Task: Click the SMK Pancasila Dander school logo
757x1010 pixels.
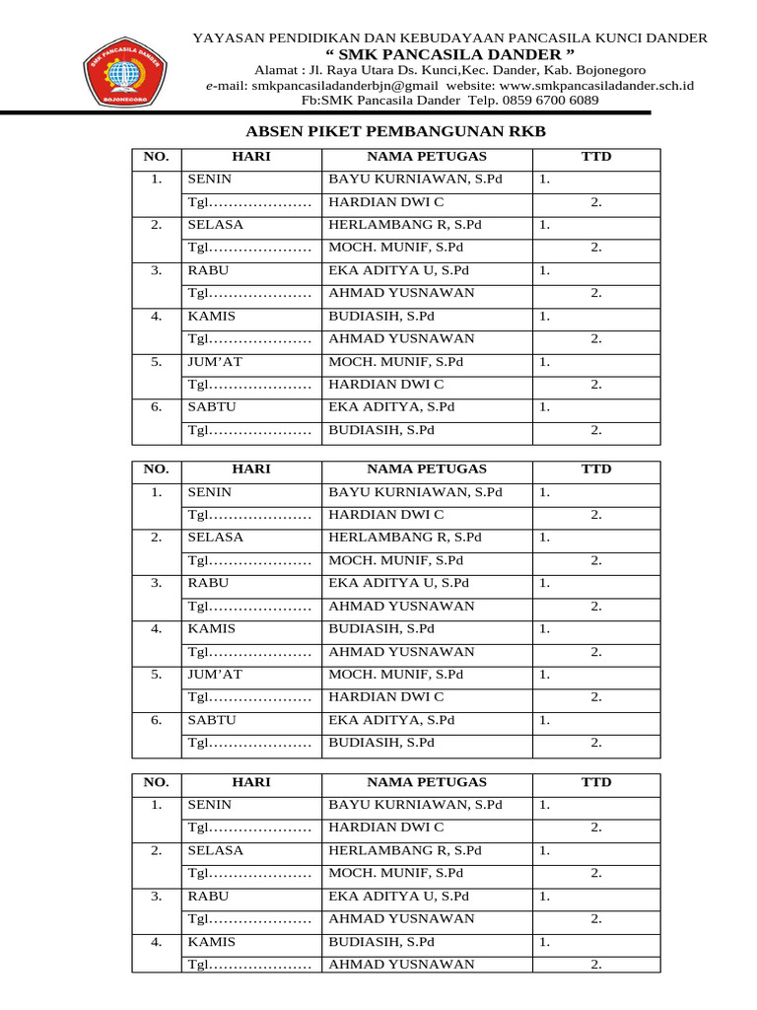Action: (x=124, y=72)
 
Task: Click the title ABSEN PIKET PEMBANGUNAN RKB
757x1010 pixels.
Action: (x=394, y=131)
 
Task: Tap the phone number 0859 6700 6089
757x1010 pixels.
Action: (x=550, y=100)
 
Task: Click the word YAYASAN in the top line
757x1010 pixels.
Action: (x=226, y=37)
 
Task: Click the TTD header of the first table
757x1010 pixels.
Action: (x=595, y=157)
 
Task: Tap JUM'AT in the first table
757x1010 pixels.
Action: (x=214, y=362)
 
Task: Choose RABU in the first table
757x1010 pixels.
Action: (x=207, y=270)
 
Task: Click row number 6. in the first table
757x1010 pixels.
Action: (x=156, y=406)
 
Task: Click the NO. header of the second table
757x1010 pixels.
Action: (x=156, y=469)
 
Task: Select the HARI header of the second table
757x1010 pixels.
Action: (x=250, y=469)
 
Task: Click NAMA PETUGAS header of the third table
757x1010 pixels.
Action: (x=426, y=782)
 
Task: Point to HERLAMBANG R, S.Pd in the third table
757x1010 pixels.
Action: (x=404, y=850)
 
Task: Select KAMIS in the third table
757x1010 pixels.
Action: (x=211, y=942)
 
